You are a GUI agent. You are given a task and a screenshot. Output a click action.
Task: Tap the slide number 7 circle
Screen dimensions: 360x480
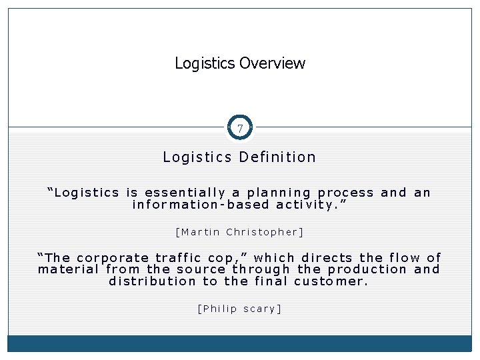pos(240,127)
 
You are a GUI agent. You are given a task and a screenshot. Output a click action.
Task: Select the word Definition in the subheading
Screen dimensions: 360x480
pos(277,157)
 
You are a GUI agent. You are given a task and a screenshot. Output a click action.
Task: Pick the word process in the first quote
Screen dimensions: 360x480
pos(346,193)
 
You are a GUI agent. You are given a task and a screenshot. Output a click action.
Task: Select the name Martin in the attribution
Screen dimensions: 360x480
pos(199,232)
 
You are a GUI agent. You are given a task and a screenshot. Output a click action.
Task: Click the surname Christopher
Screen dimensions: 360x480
pos(265,232)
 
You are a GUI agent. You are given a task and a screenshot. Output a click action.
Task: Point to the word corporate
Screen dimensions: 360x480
pos(113,257)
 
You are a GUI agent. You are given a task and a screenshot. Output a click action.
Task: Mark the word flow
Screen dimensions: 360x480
pos(402,257)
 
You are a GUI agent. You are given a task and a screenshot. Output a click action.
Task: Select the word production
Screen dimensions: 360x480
pos(367,269)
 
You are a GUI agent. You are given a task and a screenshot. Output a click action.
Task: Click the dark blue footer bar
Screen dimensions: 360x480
pos(240,343)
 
